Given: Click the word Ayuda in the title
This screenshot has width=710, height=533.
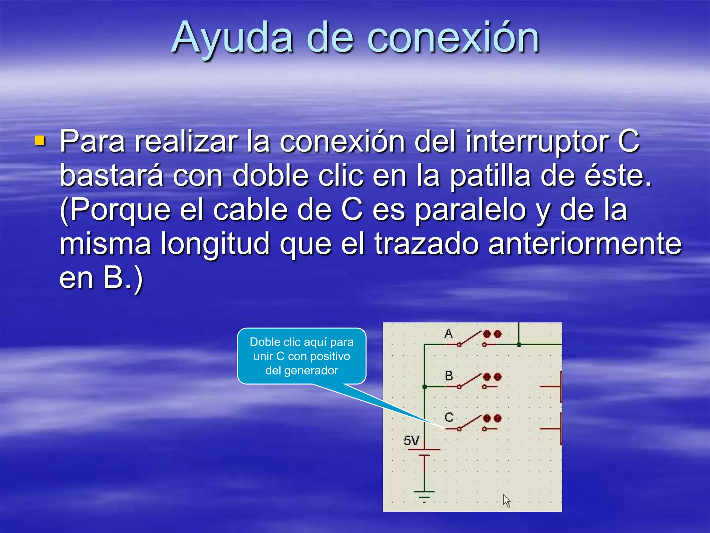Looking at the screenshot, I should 232,38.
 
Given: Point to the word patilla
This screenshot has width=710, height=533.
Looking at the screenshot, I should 490,176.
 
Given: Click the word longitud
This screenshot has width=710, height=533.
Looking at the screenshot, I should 215,244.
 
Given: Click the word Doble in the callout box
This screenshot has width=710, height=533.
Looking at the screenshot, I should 265,342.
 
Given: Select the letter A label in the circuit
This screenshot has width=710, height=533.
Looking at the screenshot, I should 448,334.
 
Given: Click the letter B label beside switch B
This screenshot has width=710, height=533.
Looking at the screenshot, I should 449,376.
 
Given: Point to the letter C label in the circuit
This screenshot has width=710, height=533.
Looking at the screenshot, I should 449,417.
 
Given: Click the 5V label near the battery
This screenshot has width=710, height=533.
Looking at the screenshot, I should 411,441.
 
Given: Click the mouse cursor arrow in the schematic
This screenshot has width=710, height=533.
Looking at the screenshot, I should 506,500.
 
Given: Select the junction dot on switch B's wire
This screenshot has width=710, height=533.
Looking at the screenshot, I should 425,387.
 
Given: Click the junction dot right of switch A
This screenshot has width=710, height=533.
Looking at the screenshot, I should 519,345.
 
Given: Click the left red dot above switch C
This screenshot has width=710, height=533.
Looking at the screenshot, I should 487,418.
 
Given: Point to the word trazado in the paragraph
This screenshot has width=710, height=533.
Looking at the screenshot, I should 426,244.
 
